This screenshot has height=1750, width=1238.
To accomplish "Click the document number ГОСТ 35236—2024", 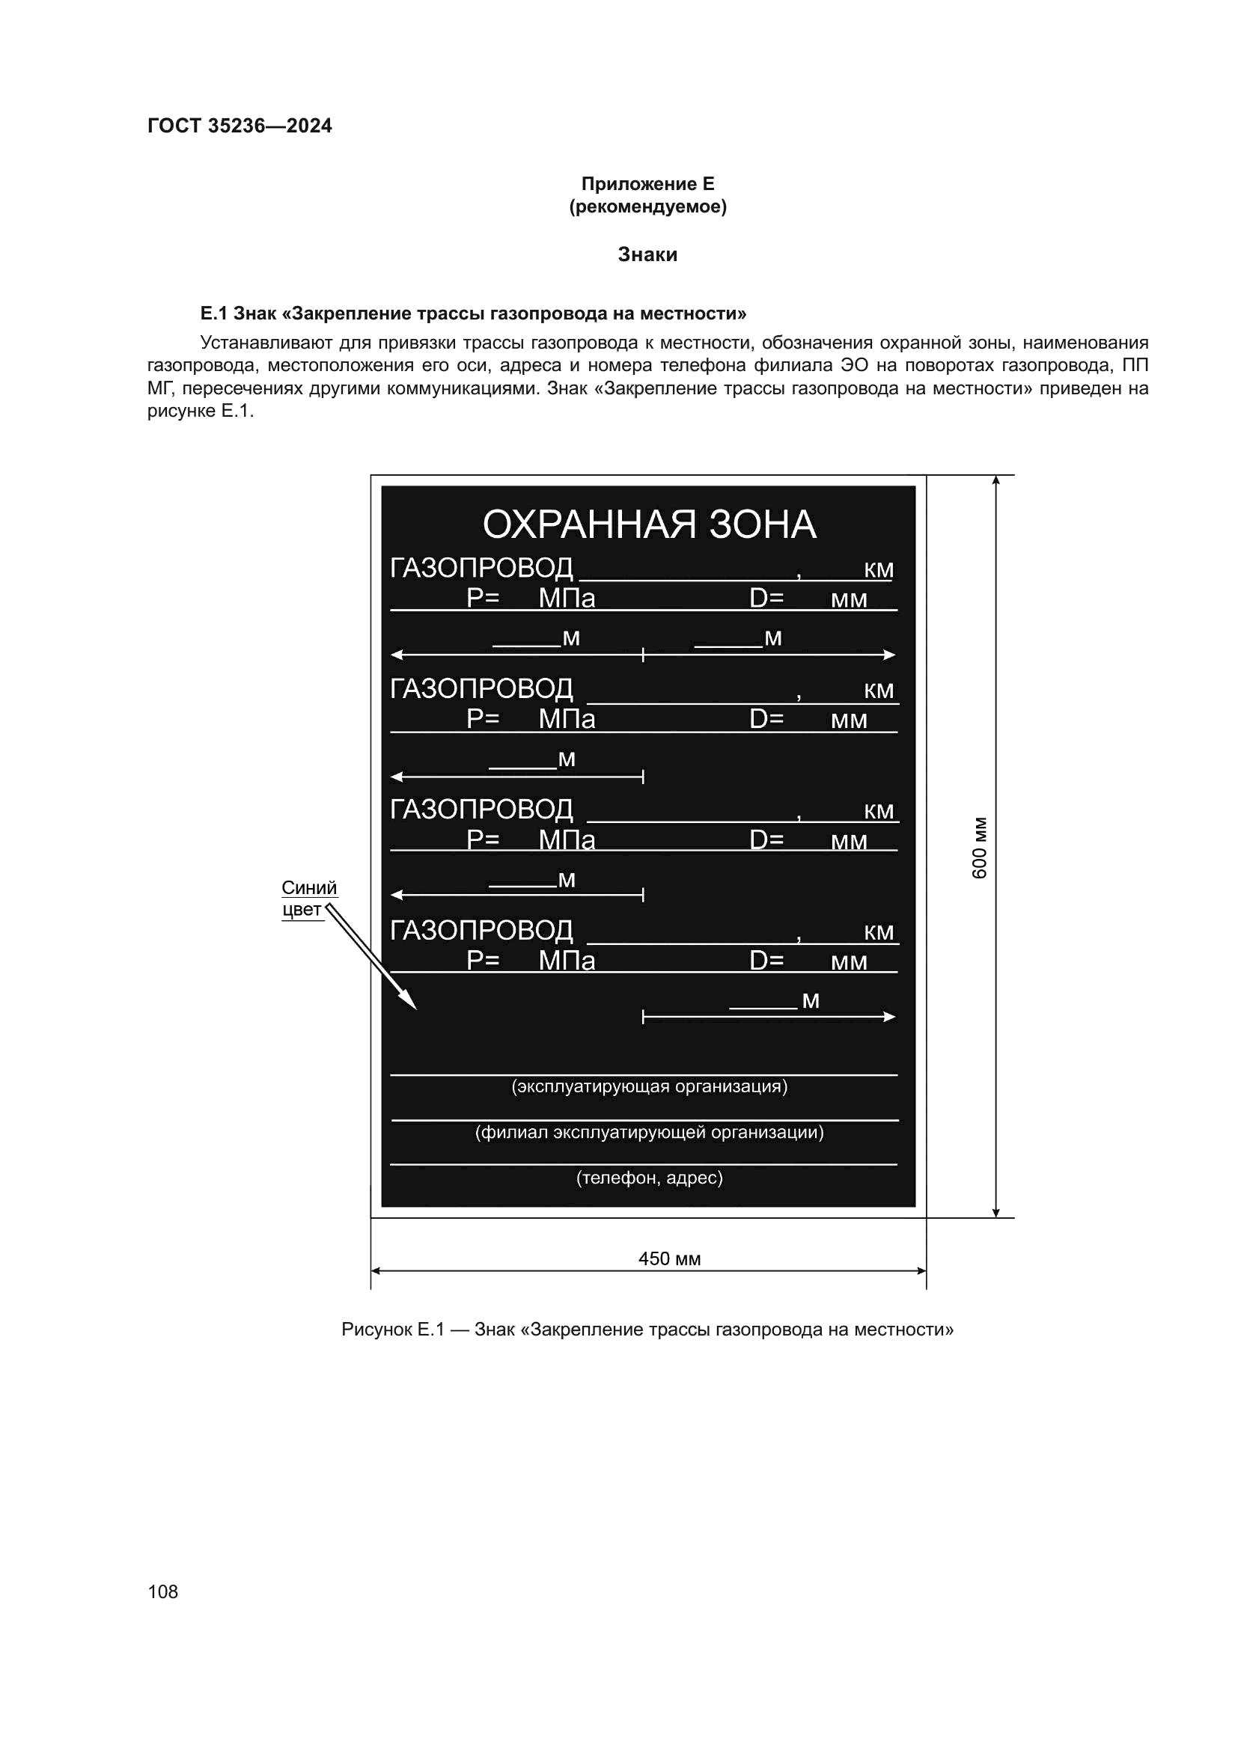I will [x=240, y=126].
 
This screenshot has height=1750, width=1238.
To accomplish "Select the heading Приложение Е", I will [x=647, y=184].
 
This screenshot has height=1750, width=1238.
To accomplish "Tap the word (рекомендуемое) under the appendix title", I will [x=647, y=206].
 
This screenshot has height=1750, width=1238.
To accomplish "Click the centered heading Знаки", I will [x=647, y=254].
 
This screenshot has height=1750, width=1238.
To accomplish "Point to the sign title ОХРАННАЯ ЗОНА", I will [x=649, y=525].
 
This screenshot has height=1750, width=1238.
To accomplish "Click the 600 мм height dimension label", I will [x=980, y=848].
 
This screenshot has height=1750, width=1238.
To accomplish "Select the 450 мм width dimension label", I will [x=669, y=1258].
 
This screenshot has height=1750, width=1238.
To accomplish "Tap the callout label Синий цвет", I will [x=308, y=899].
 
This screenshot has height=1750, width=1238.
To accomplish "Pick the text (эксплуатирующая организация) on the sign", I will [x=649, y=1086].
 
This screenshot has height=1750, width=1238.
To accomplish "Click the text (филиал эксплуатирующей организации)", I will [x=649, y=1132].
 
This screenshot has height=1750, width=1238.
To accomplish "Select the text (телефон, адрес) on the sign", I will [x=649, y=1178].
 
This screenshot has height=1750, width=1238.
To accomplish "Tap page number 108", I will [x=162, y=1591].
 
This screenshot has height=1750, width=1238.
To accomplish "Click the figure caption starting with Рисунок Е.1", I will [x=647, y=1330].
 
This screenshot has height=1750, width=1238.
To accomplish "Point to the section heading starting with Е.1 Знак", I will [x=472, y=313].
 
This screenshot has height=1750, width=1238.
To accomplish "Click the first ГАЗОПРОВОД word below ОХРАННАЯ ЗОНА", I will [x=481, y=568].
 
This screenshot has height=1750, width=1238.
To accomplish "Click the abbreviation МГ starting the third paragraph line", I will [x=160, y=389].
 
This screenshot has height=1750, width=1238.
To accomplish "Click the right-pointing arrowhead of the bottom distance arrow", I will [x=890, y=1017].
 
